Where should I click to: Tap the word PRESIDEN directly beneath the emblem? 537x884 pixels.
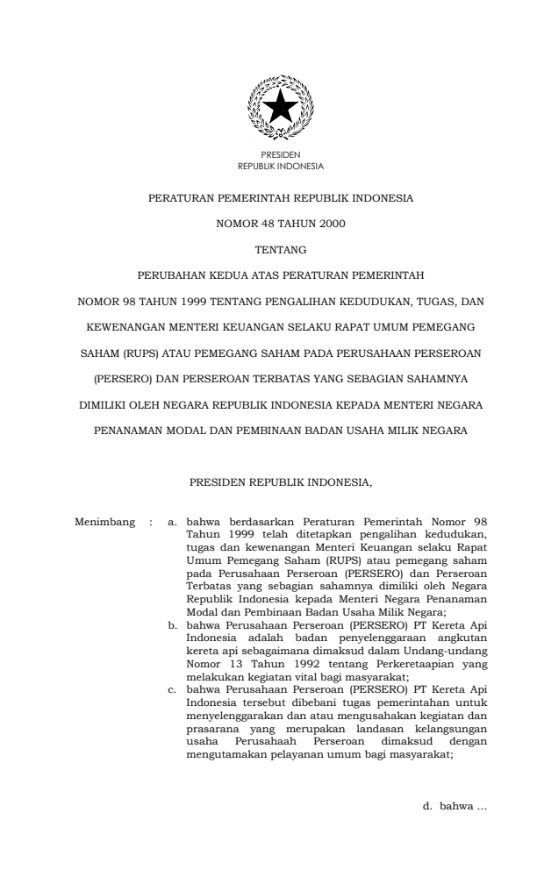[281, 155]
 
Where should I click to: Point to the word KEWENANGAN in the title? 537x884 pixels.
[132, 327]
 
